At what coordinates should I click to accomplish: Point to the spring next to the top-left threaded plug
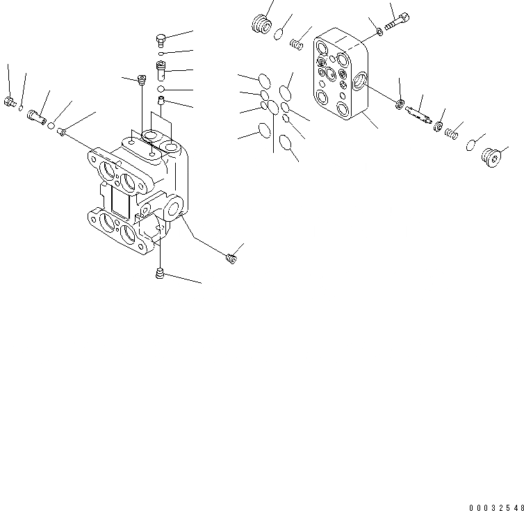295,45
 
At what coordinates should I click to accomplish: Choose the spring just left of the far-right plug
452,131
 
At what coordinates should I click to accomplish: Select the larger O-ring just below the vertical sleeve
161,89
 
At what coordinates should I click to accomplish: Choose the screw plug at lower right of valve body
231,259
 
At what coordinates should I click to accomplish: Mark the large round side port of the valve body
172,204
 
